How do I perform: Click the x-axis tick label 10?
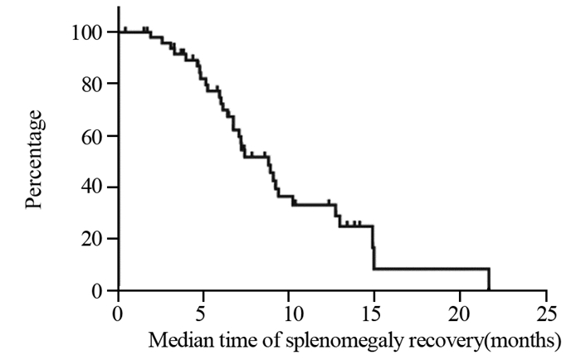pos(290,315)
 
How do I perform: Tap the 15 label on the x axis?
pos(375,315)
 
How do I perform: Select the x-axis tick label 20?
pos(461,315)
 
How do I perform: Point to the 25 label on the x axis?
pos(545,315)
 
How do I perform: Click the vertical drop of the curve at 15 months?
pos(374,247)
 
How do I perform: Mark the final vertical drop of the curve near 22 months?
pos(489,280)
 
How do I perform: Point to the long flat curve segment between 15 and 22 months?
pos(432,269)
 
